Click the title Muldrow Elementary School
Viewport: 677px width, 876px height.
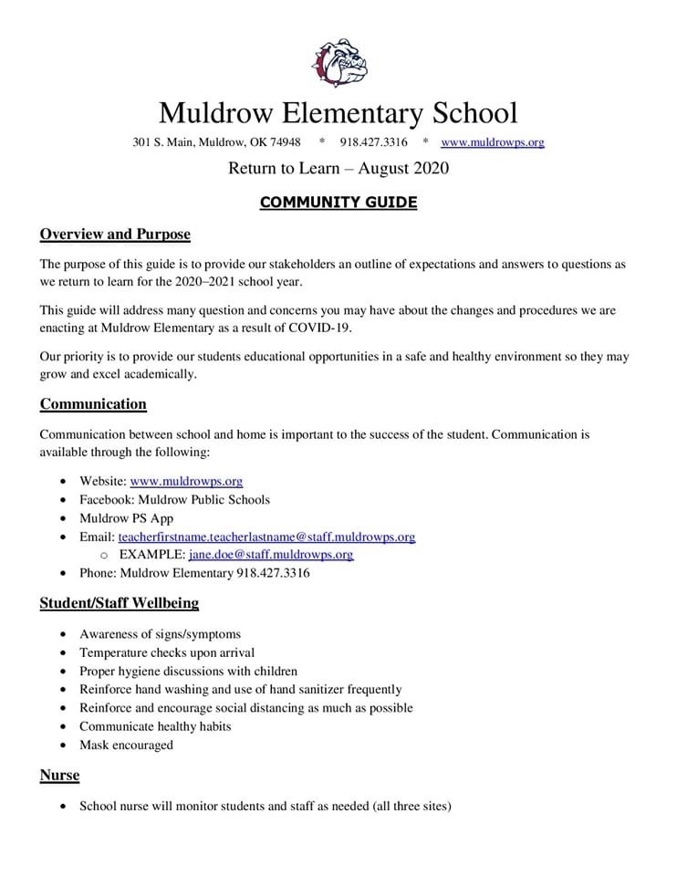pos(338,113)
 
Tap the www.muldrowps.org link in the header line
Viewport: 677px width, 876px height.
pos(492,142)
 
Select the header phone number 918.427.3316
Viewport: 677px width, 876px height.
pos(373,142)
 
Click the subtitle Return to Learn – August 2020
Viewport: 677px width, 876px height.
pos(338,169)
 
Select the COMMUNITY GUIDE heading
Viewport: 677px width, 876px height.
pos(338,203)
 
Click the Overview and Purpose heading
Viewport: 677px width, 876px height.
pos(115,235)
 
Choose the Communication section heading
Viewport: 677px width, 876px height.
pos(93,404)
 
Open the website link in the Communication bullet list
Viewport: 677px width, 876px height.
pos(186,481)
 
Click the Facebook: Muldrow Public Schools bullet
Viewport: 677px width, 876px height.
pos(174,499)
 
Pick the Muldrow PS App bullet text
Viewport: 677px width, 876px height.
pos(126,518)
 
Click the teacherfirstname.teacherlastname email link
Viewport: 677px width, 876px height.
pos(266,537)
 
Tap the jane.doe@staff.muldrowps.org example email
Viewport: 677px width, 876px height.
pos(271,555)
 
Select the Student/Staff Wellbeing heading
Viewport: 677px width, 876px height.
pos(119,603)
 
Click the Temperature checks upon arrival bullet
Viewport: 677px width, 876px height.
pos(167,652)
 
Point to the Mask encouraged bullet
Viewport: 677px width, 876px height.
pos(126,746)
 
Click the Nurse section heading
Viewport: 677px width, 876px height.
pos(59,776)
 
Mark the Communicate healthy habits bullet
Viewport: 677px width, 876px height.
pos(155,726)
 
